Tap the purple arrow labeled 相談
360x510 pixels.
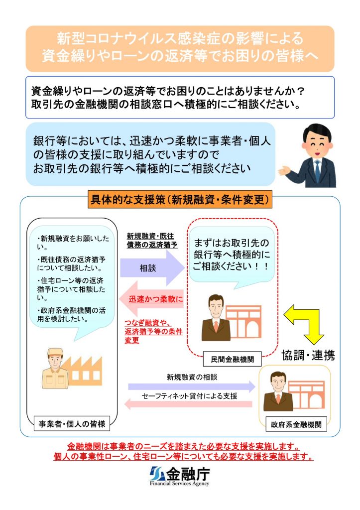click(152, 268)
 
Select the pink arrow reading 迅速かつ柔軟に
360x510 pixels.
click(151, 299)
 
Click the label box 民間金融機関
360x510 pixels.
click(232, 359)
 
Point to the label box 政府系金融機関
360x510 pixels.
click(296, 424)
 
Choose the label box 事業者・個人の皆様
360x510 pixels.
click(72, 423)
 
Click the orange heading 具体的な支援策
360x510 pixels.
click(180, 199)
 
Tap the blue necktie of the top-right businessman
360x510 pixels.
click(317, 170)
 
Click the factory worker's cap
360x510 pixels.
click(55, 352)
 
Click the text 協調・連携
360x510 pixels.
click(308, 355)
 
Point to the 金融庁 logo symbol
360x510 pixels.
click(157, 474)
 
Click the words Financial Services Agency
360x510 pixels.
click(180, 483)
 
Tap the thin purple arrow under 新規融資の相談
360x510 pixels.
click(192, 386)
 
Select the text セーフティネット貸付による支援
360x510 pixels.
click(190, 396)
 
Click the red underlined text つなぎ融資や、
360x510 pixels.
click(148, 323)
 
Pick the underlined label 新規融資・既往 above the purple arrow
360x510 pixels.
click(150, 236)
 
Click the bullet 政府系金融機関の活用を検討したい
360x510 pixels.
click(71, 315)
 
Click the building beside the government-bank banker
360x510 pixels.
click(306, 394)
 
